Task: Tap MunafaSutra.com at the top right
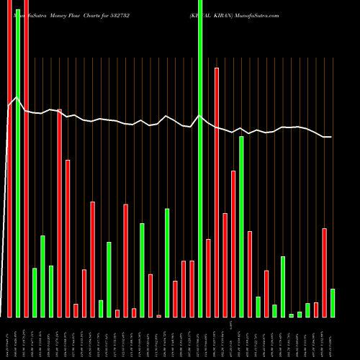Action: coord(261,6)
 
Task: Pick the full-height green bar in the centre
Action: coord(200,158)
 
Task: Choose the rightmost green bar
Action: coord(333,303)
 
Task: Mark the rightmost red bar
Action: coord(325,273)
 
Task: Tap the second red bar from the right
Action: coord(316,310)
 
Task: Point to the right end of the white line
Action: coord(331,137)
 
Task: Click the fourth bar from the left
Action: coord(35,292)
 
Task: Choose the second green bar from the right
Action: coord(307,310)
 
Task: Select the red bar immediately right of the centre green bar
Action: coord(209,278)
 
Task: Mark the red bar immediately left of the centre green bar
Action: coord(192,289)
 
